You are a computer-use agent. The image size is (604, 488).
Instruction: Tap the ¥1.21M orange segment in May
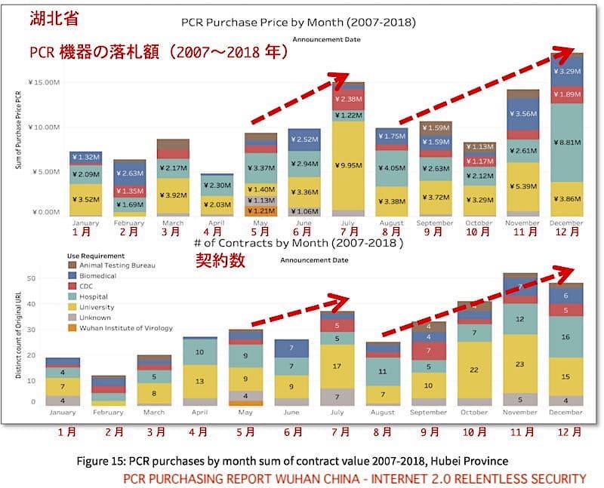(260, 210)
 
